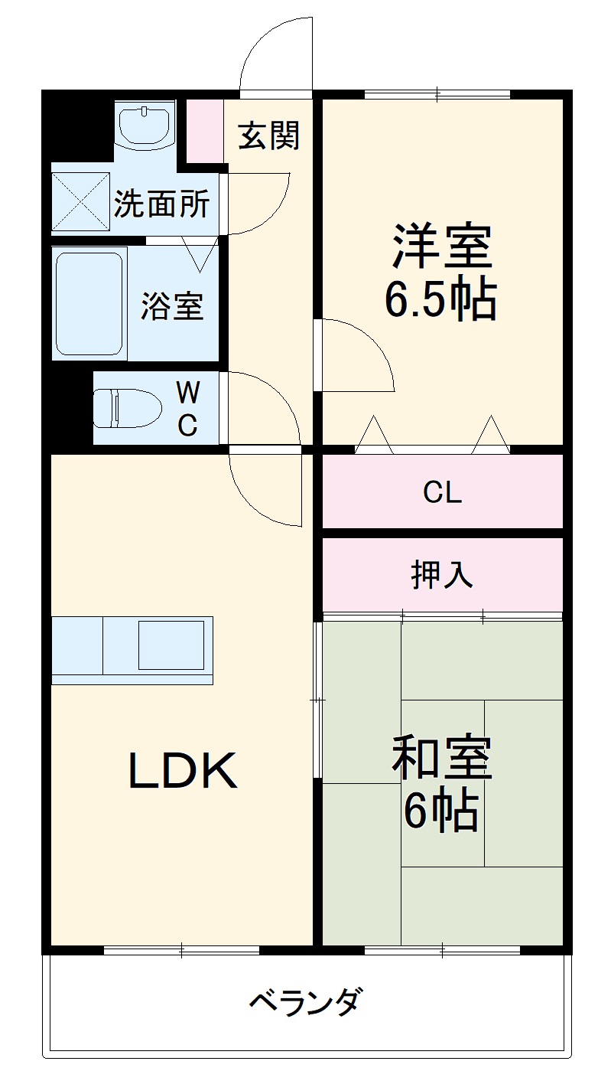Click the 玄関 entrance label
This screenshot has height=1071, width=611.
click(x=268, y=136)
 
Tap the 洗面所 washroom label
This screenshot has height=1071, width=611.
click(x=161, y=204)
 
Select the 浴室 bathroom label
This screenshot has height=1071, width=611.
click(x=171, y=306)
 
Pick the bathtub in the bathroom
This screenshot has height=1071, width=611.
click(x=89, y=303)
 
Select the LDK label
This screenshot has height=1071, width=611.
click(x=182, y=772)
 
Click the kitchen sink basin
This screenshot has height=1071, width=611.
click(x=171, y=645)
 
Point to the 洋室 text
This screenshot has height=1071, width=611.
click(x=441, y=246)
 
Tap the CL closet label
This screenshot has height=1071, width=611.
click(x=443, y=493)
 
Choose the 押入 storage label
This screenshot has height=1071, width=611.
click(x=443, y=573)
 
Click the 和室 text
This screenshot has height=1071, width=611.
click(x=441, y=757)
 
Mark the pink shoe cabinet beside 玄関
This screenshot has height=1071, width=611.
click(x=204, y=131)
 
